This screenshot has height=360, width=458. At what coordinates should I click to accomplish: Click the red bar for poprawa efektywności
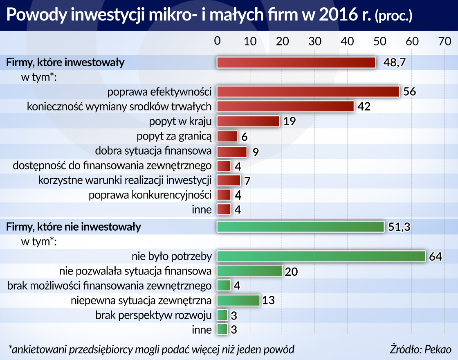(308, 92)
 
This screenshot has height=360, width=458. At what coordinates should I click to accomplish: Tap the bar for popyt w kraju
(248, 122)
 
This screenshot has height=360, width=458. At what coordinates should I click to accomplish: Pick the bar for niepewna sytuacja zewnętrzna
(238, 301)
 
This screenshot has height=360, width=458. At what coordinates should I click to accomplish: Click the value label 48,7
(395, 63)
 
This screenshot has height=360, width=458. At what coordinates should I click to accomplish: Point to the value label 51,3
(400, 227)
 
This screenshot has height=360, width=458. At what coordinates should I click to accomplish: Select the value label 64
(436, 257)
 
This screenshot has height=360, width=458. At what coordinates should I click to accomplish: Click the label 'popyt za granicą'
(174, 136)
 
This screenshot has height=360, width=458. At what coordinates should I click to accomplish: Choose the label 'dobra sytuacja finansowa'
(153, 151)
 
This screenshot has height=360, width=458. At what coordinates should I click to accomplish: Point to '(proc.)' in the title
(393, 16)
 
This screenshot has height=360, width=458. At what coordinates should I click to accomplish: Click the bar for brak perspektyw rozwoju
(222, 315)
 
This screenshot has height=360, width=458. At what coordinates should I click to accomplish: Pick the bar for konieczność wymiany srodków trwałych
(285, 106)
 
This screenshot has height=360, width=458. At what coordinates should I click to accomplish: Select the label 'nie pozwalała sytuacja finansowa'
(135, 271)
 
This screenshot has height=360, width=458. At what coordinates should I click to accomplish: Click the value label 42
(364, 107)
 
